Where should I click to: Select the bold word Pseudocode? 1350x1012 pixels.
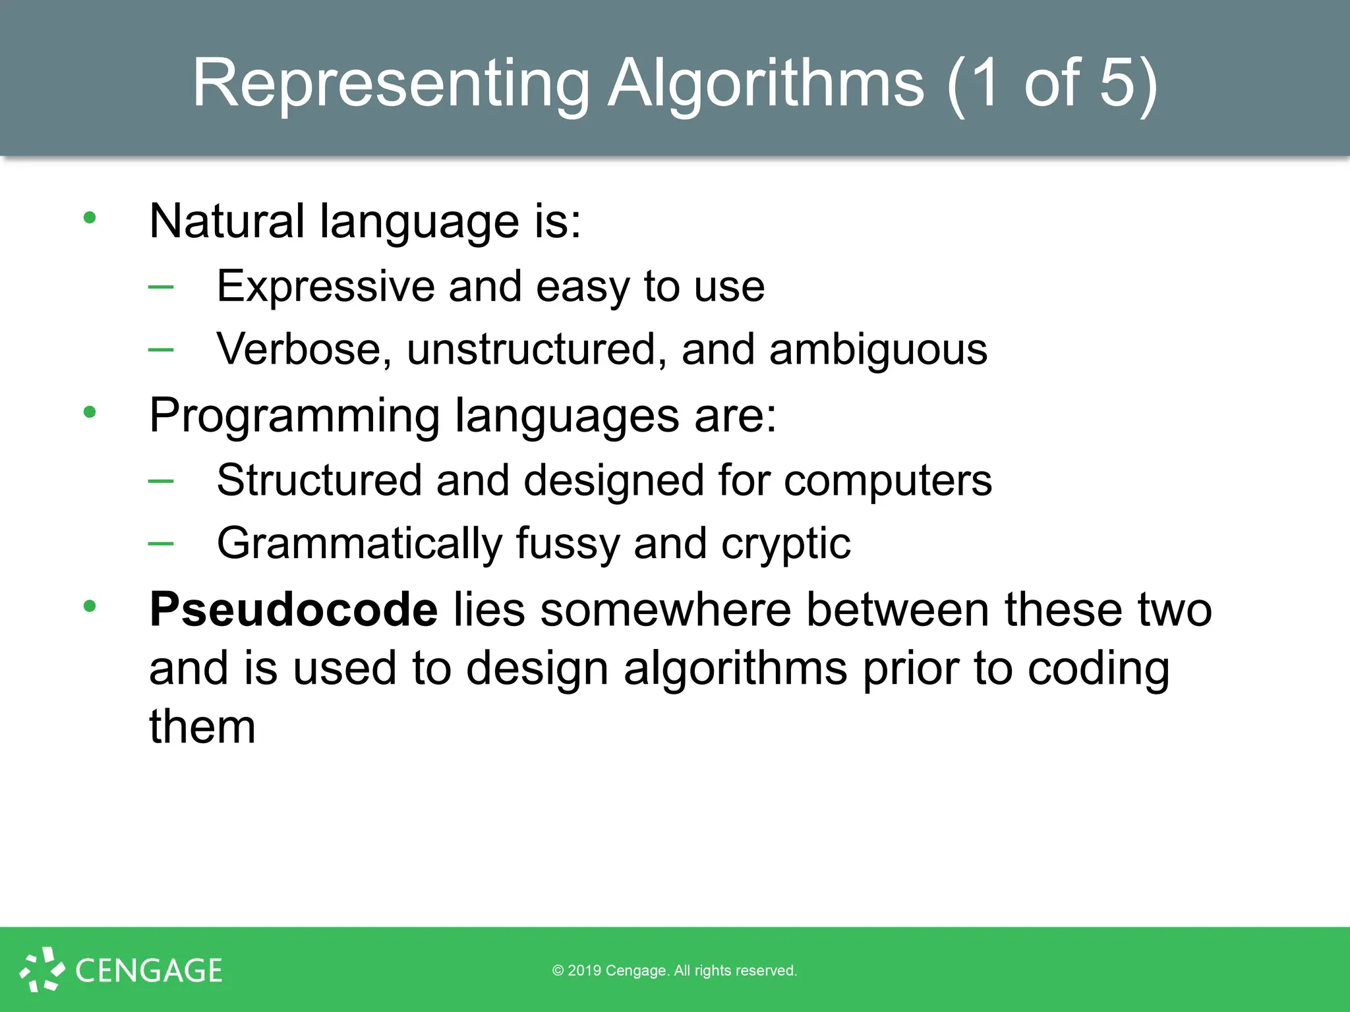pos(293,610)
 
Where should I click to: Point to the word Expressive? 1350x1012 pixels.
pos(326,287)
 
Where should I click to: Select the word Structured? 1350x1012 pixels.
pos(319,480)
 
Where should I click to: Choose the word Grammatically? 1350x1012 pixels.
pos(359,544)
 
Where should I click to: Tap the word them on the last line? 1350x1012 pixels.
pos(202,727)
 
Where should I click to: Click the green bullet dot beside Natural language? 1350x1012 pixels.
pos(90,218)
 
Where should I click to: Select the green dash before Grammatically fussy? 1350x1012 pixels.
pos(161,543)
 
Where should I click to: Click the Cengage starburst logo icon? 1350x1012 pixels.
pos(42,969)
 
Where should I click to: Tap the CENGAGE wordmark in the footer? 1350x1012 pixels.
pos(149,970)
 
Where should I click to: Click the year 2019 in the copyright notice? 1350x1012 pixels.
pos(585,970)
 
